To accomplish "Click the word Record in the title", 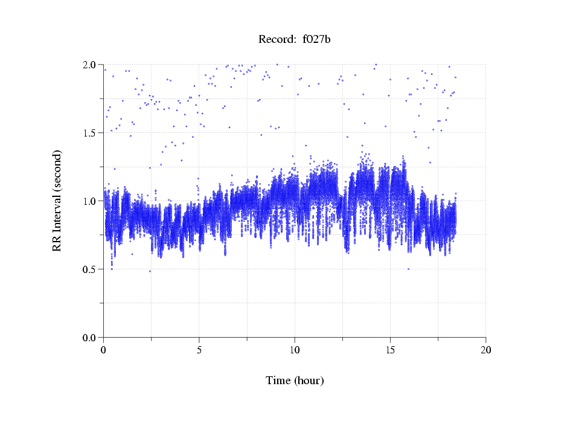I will coord(275,40).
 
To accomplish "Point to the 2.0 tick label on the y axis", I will coord(91,65).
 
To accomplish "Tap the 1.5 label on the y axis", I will coord(91,133).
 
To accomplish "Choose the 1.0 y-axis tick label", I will coord(91,201).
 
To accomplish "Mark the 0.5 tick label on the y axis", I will coord(91,269).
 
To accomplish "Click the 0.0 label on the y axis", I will coord(91,338).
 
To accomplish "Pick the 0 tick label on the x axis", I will coord(104,350).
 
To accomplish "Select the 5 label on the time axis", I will coord(199,350).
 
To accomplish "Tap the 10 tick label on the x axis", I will coord(295,350).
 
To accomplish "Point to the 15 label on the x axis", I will coord(390,350).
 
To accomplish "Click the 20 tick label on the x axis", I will coord(485,350).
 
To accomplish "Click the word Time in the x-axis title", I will coord(278,381).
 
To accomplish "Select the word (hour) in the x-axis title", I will coord(309,381).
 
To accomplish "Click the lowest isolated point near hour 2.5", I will coord(150,271).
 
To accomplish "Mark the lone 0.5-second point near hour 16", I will coord(409,269).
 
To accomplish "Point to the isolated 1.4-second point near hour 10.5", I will coord(306,146).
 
